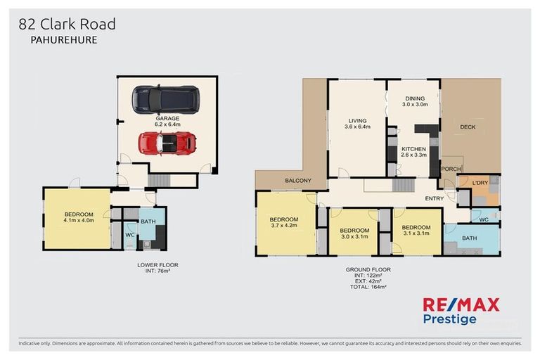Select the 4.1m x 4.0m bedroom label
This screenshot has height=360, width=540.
79,219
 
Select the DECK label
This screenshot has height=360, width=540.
468,127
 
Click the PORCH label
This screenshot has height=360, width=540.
449,169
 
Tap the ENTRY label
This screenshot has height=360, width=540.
434,198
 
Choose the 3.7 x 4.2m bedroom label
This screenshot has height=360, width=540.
285,222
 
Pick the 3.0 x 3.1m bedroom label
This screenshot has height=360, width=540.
354,233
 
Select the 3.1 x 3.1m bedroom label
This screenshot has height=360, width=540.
416,230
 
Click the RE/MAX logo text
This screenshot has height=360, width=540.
461,304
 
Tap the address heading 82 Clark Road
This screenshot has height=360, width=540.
67,25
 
